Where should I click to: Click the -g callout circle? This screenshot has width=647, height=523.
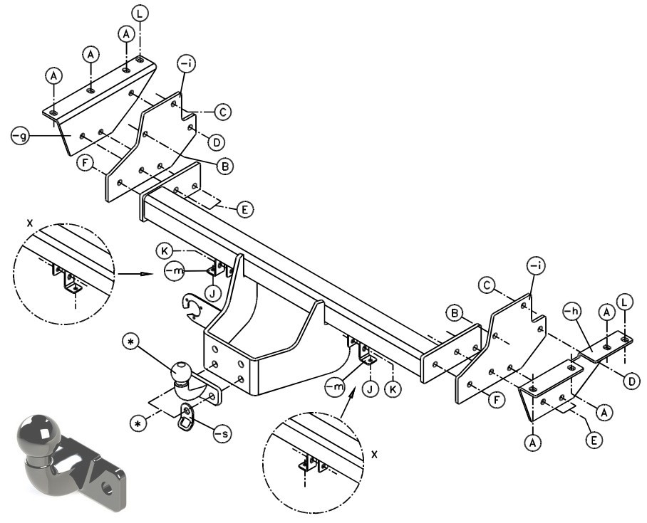(20, 136)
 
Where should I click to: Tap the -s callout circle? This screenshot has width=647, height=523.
(223, 433)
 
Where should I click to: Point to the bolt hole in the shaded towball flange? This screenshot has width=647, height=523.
(108, 487)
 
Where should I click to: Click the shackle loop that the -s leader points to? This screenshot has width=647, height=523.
(187, 417)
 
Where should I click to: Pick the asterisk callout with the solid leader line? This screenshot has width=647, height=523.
(131, 342)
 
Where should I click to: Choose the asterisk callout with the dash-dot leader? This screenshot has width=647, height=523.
(138, 423)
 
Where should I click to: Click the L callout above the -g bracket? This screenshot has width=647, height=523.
(140, 14)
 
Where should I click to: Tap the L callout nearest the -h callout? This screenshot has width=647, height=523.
(624, 302)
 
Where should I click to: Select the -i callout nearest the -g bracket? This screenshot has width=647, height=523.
(186, 64)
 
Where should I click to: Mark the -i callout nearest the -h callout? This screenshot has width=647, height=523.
(536, 266)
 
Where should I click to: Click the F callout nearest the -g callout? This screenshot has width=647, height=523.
(85, 163)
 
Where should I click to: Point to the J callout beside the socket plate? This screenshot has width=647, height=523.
(213, 294)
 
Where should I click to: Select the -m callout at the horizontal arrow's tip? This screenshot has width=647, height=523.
(174, 272)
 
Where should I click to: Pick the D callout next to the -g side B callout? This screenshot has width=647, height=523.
(216, 142)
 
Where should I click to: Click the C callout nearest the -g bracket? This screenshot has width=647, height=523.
(223, 112)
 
